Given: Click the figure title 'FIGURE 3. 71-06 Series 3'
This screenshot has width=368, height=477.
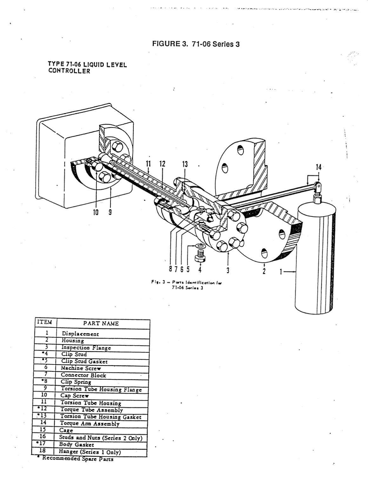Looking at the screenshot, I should click(x=196, y=44).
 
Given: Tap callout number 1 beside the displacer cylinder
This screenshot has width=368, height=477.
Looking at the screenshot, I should click(x=281, y=272).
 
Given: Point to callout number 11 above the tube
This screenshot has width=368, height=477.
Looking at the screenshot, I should click(x=148, y=164).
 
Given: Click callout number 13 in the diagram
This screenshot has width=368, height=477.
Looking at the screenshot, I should click(x=185, y=164).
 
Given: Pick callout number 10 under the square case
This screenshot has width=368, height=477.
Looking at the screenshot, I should click(x=96, y=212).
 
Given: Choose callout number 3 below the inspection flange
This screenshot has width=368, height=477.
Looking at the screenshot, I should click(x=228, y=271).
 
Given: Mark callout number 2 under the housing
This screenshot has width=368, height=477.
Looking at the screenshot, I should click(x=264, y=271).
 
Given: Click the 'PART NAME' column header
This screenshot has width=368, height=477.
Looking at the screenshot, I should click(x=101, y=324).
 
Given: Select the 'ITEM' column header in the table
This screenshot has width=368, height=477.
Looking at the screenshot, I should click(x=44, y=322).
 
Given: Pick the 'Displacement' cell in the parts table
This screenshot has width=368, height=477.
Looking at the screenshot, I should click(x=80, y=334).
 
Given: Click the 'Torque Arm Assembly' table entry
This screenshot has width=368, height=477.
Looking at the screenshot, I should click(x=90, y=424).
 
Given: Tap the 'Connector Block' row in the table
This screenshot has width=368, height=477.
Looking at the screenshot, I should click(x=84, y=375).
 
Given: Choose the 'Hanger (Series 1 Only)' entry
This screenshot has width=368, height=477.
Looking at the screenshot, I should click(x=90, y=452).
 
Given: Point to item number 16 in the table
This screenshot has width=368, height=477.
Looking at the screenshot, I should click(x=43, y=437).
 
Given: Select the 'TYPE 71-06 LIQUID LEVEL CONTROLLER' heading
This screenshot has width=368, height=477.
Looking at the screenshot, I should click(x=87, y=68).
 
